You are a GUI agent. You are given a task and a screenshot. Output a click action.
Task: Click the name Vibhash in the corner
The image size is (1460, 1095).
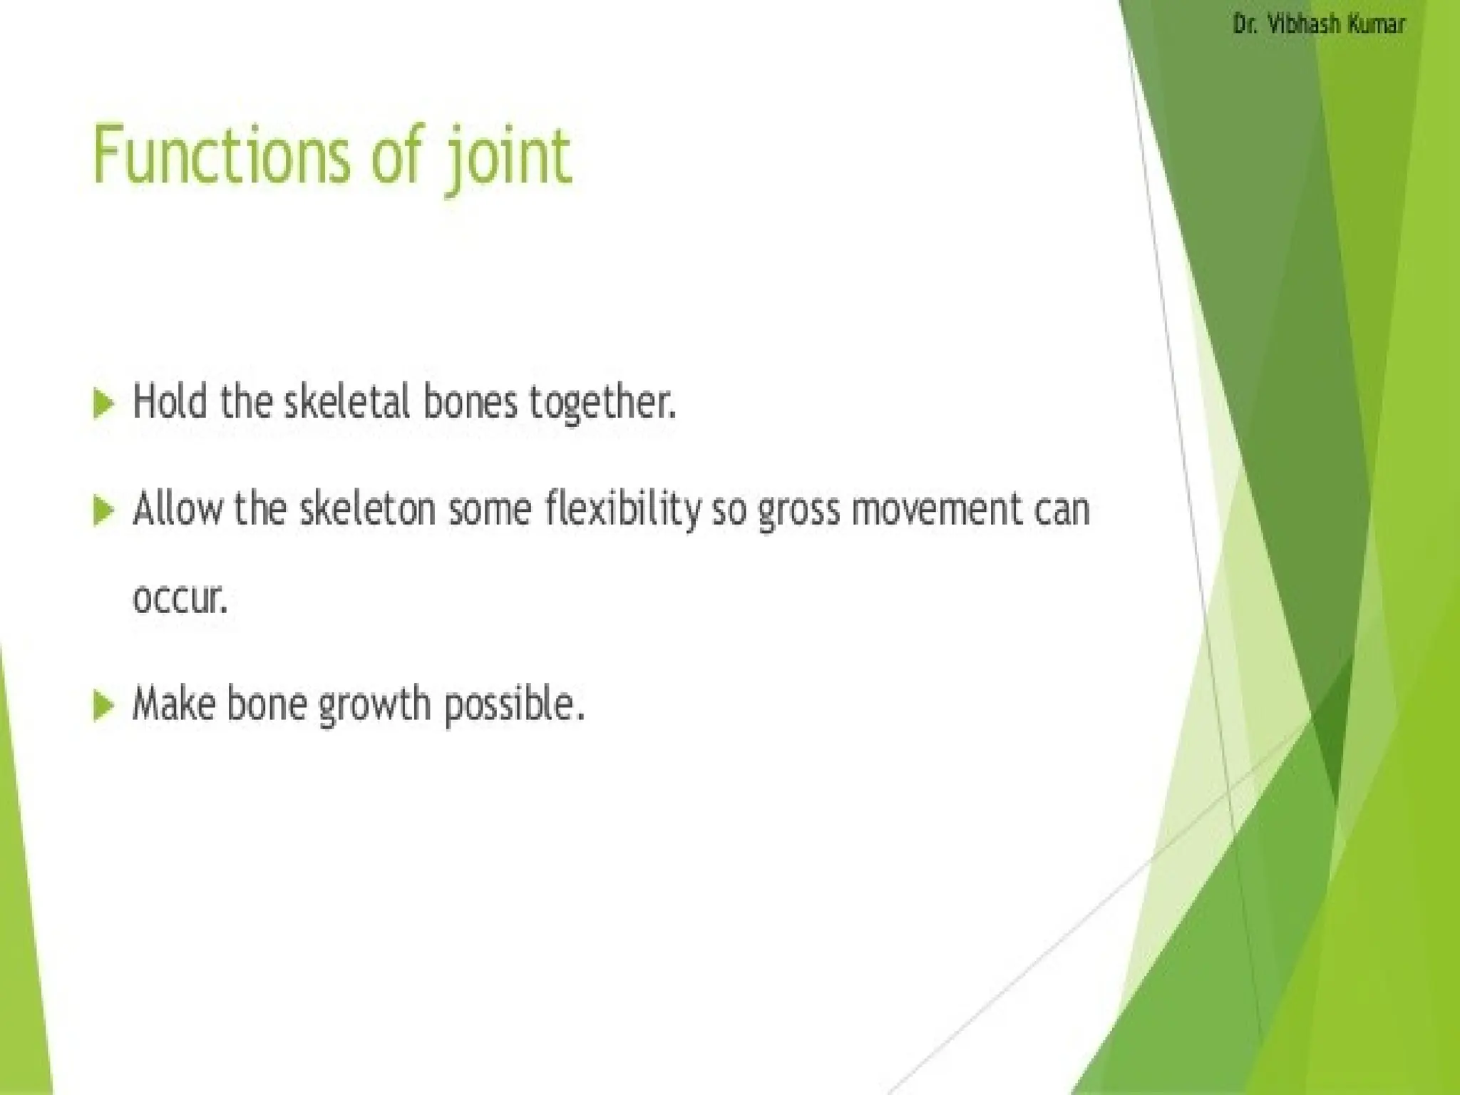coord(1295,25)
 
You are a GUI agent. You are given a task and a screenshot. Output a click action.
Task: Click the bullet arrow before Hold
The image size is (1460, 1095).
coord(104,404)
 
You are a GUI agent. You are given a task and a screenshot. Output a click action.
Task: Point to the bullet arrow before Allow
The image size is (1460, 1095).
coord(104,512)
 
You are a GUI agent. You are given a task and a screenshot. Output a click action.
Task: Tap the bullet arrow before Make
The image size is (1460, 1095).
coord(104,706)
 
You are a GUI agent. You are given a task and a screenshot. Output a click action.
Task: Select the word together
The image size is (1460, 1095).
coord(601,403)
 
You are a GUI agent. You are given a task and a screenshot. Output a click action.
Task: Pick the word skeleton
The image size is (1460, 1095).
coord(366,510)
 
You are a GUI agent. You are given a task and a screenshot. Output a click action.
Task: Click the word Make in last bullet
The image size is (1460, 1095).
coord(173,704)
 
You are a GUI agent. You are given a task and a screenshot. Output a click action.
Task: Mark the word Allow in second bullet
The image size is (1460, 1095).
coord(178,510)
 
